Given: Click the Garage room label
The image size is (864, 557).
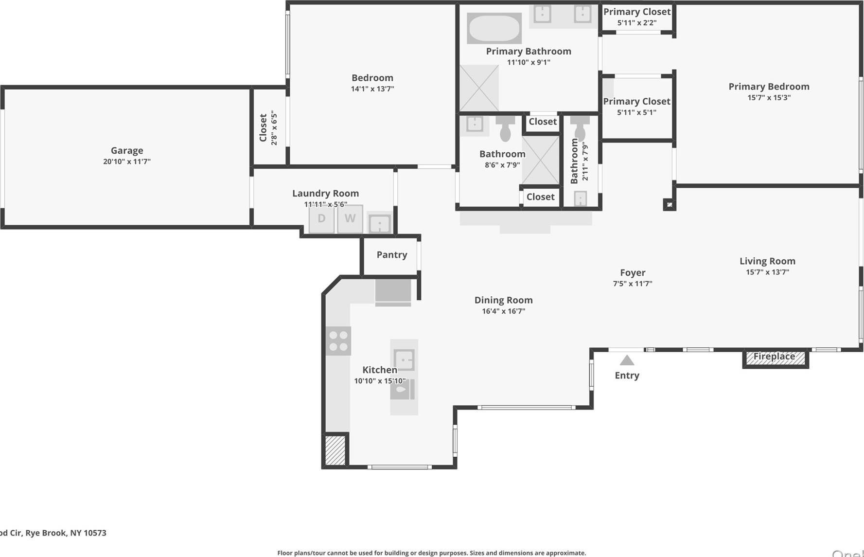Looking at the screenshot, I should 127,151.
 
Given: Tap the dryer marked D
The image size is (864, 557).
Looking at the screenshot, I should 321,218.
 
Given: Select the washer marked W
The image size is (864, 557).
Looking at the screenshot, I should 350,218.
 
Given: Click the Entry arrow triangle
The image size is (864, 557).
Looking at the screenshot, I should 627,360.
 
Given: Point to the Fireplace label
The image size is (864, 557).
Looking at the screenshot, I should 774,357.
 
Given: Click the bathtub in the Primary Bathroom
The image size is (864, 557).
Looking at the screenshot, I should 494,28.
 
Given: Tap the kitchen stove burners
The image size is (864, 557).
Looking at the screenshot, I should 338,341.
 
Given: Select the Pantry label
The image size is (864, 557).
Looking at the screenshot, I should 392,255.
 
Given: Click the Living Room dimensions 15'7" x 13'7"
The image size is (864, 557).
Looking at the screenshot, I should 767,272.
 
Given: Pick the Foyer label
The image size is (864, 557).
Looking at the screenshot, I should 633,273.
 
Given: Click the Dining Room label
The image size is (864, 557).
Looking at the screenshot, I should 503,300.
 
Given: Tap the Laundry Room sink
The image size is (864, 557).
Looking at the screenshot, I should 379,224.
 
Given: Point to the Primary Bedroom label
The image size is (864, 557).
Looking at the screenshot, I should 769,87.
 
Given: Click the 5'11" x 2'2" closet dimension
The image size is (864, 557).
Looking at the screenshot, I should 637,23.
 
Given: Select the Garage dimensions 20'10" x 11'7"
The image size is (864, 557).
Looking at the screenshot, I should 127,162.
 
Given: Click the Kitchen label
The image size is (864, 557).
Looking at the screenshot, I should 380,370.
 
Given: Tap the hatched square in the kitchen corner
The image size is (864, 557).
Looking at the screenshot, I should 335,450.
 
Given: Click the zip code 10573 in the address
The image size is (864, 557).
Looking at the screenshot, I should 95,533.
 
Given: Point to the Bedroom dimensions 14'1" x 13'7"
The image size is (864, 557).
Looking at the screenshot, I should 372,89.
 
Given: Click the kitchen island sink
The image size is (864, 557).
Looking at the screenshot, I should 404,360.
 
